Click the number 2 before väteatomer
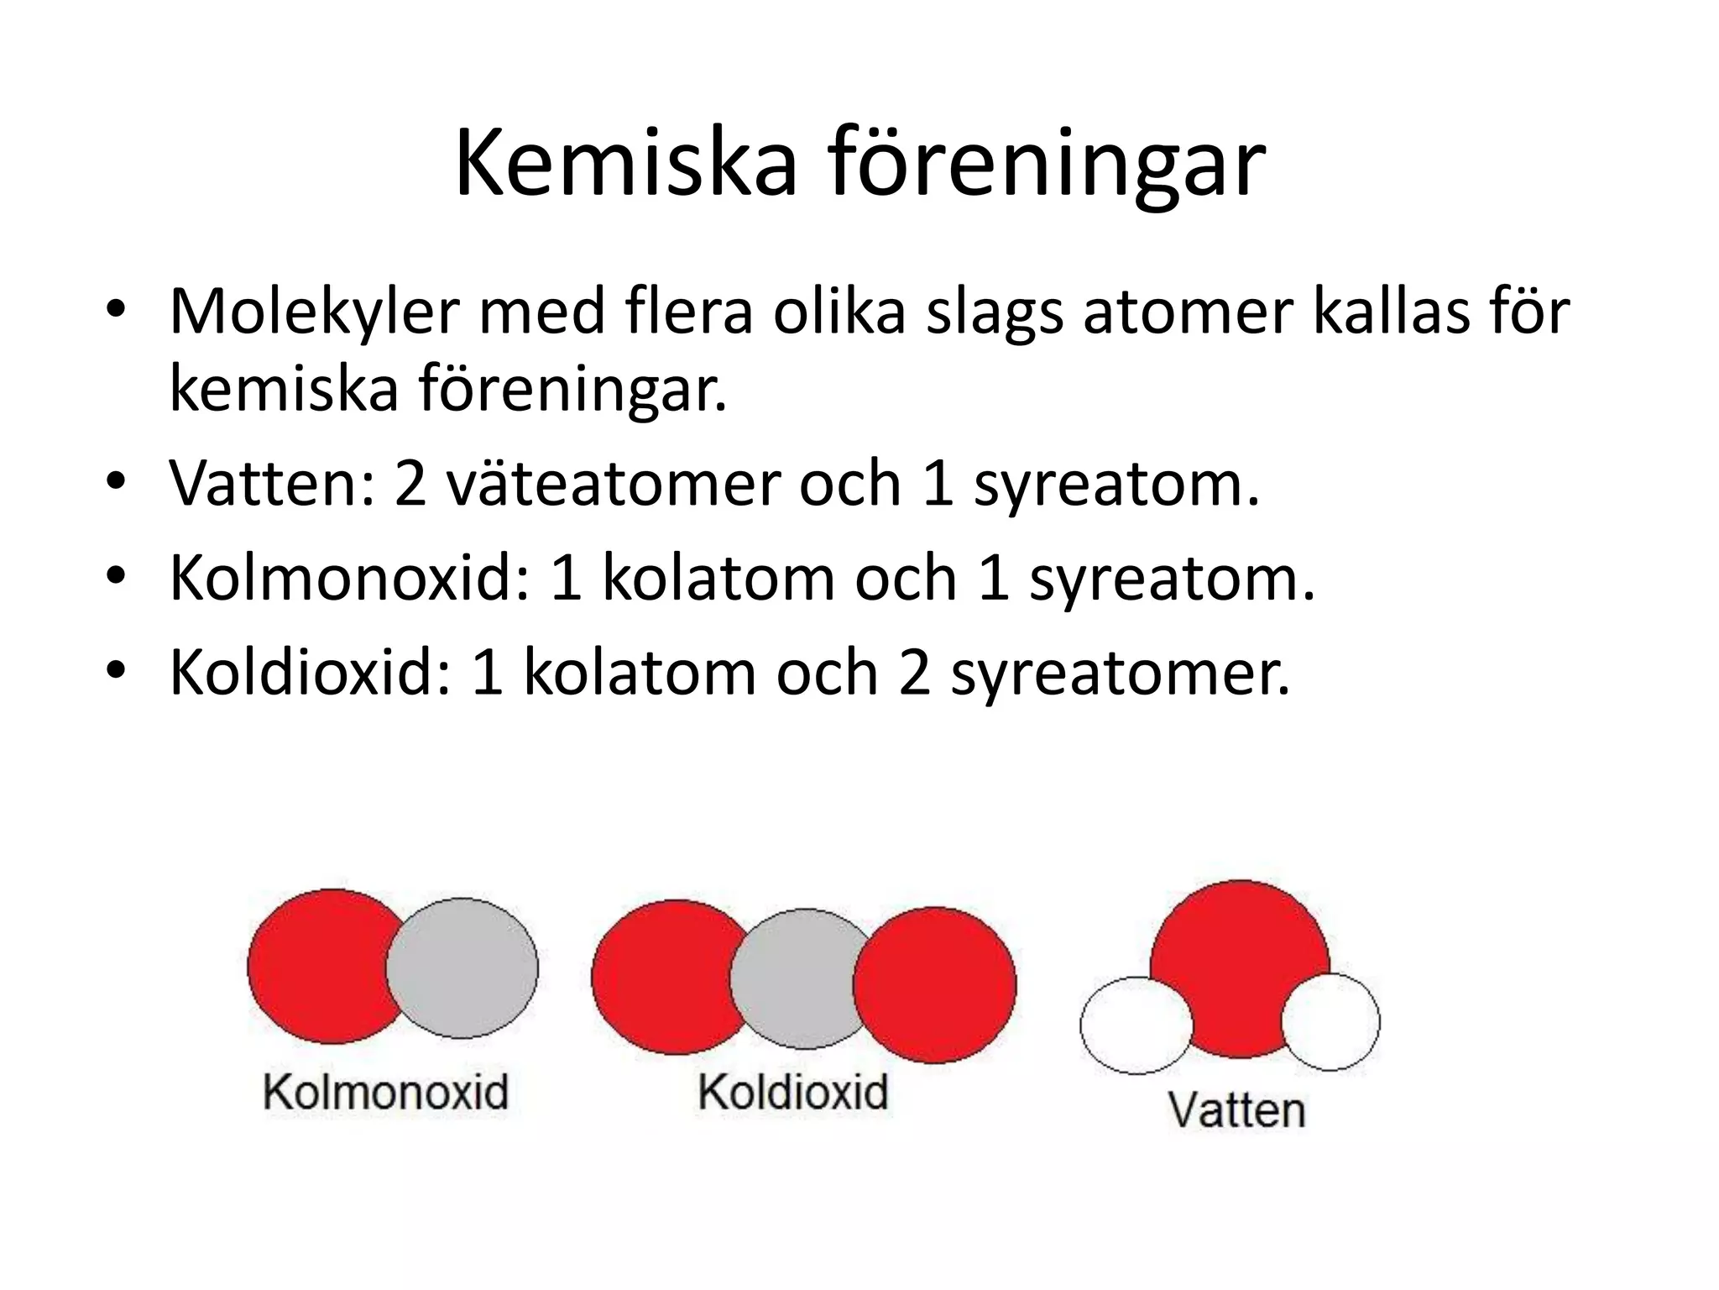(410, 484)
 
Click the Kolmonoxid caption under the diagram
(386, 1093)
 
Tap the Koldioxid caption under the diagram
(792, 1093)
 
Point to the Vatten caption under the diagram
(1236, 1109)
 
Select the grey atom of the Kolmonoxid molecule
(470, 967)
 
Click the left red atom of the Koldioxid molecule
(659, 977)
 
